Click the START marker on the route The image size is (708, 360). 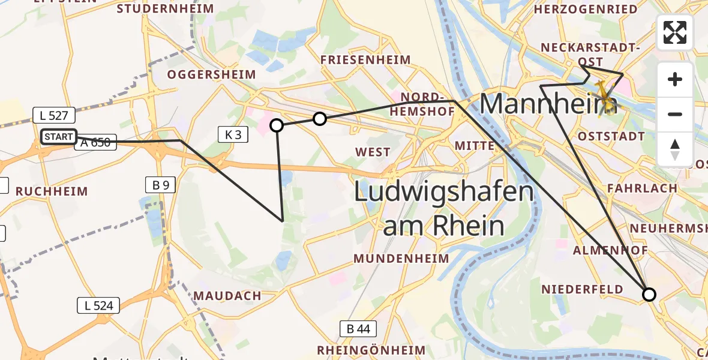(x=59, y=137)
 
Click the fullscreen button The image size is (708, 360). (x=675, y=32)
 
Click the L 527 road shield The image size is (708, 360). (x=54, y=115)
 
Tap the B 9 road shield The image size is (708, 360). (x=160, y=185)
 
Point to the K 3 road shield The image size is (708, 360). (x=233, y=135)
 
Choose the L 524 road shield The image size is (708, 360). (x=98, y=305)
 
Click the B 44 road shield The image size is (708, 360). (x=358, y=328)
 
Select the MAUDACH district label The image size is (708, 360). (x=227, y=296)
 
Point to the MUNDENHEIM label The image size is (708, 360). (x=401, y=259)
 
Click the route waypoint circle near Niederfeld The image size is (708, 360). (x=649, y=295)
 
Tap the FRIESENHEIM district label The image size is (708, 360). (x=365, y=60)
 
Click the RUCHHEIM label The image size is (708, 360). (x=52, y=191)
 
